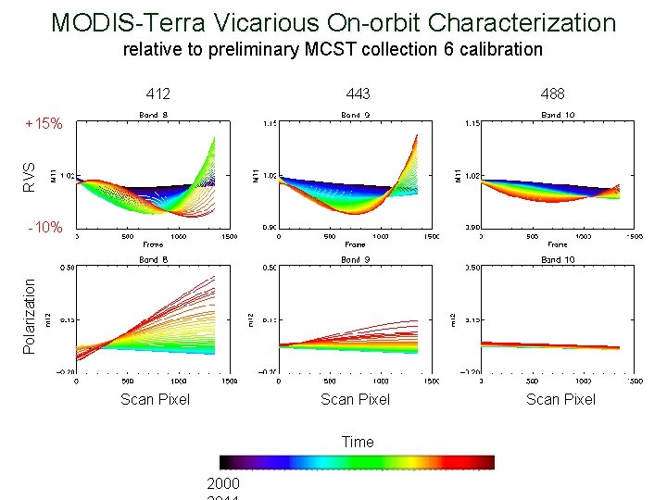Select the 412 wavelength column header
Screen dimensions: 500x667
pyautogui.click(x=158, y=94)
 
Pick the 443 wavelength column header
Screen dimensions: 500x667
pyautogui.click(x=358, y=94)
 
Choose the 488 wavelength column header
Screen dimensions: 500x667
pyautogui.click(x=552, y=94)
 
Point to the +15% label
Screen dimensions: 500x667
pyautogui.click(x=44, y=123)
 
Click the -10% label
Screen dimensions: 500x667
pyautogui.click(x=44, y=227)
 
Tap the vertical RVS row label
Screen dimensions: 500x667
pyautogui.click(x=30, y=176)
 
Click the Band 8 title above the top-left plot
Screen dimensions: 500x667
pyautogui.click(x=154, y=115)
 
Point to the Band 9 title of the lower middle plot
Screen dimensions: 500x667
pyautogui.click(x=351, y=260)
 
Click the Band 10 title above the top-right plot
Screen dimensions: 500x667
pyautogui.click(x=557, y=115)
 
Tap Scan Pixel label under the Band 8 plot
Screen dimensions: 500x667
pyautogui.click(x=155, y=399)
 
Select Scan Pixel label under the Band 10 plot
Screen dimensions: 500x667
pyautogui.click(x=560, y=399)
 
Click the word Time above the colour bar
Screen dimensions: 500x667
pyautogui.click(x=358, y=442)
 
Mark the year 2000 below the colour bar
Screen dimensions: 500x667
pyautogui.click(x=223, y=483)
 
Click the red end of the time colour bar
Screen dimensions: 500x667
pyautogui.click(x=486, y=462)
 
